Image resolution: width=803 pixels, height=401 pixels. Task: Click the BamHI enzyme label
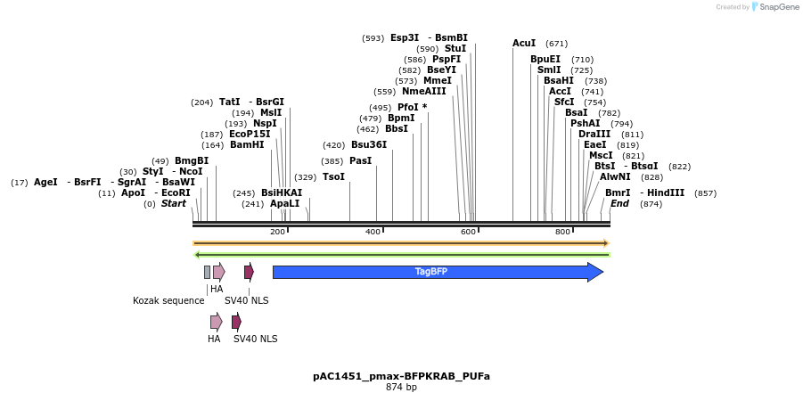coord(247,144)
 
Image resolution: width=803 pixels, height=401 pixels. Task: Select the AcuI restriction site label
coord(524,43)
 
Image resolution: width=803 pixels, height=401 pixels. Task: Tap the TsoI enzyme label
coord(333,176)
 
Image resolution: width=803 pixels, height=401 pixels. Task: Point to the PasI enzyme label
coord(360,160)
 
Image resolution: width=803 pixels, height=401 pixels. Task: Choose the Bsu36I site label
coord(369,144)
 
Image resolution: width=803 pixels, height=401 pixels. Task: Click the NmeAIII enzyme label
coord(423,91)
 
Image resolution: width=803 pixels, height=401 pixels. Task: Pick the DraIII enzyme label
coord(594,134)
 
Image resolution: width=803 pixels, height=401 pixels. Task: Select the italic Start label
coord(174,203)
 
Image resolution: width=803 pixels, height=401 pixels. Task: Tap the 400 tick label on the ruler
coord(373,232)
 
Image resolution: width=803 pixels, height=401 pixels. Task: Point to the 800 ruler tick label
coord(563,232)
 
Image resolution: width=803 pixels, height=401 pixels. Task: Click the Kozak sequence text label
coord(168,300)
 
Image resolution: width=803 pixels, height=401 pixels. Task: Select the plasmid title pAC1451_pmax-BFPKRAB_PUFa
coord(401,376)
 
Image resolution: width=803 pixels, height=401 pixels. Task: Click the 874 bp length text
coord(401,388)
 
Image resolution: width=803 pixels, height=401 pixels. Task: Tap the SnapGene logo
coord(777,7)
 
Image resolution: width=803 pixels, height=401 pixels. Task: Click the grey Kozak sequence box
coord(208,272)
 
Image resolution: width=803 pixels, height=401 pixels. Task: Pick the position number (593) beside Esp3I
coord(373,37)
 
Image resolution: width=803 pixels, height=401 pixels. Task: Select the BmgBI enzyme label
coord(192,160)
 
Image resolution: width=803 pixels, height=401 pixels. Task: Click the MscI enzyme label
coord(601,155)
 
